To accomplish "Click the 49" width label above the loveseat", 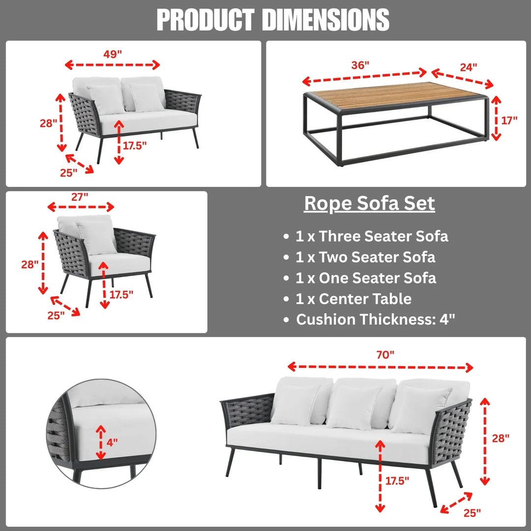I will pos(113,54).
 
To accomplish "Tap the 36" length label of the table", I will pos(360,65).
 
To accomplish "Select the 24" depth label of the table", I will pos(468,67).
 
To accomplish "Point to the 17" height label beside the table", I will pos(510,119).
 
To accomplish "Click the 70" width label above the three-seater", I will pos(385,354).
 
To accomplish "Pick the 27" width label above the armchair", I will pos(80,197).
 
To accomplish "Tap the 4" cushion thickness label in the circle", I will pos(112,442).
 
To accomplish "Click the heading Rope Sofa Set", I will pos(369,203).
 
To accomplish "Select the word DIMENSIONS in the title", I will pos(325,20).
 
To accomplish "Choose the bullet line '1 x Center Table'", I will pos(353,298).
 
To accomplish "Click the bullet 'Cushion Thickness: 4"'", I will pos(376,320).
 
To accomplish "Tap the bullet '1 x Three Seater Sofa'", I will pos(372,236).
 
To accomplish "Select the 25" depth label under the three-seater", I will pos(472,513).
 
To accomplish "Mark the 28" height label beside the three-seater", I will pos(501,438).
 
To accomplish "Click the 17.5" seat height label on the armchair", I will pos(121,295).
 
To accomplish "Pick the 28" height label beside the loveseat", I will pos(49,123).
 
